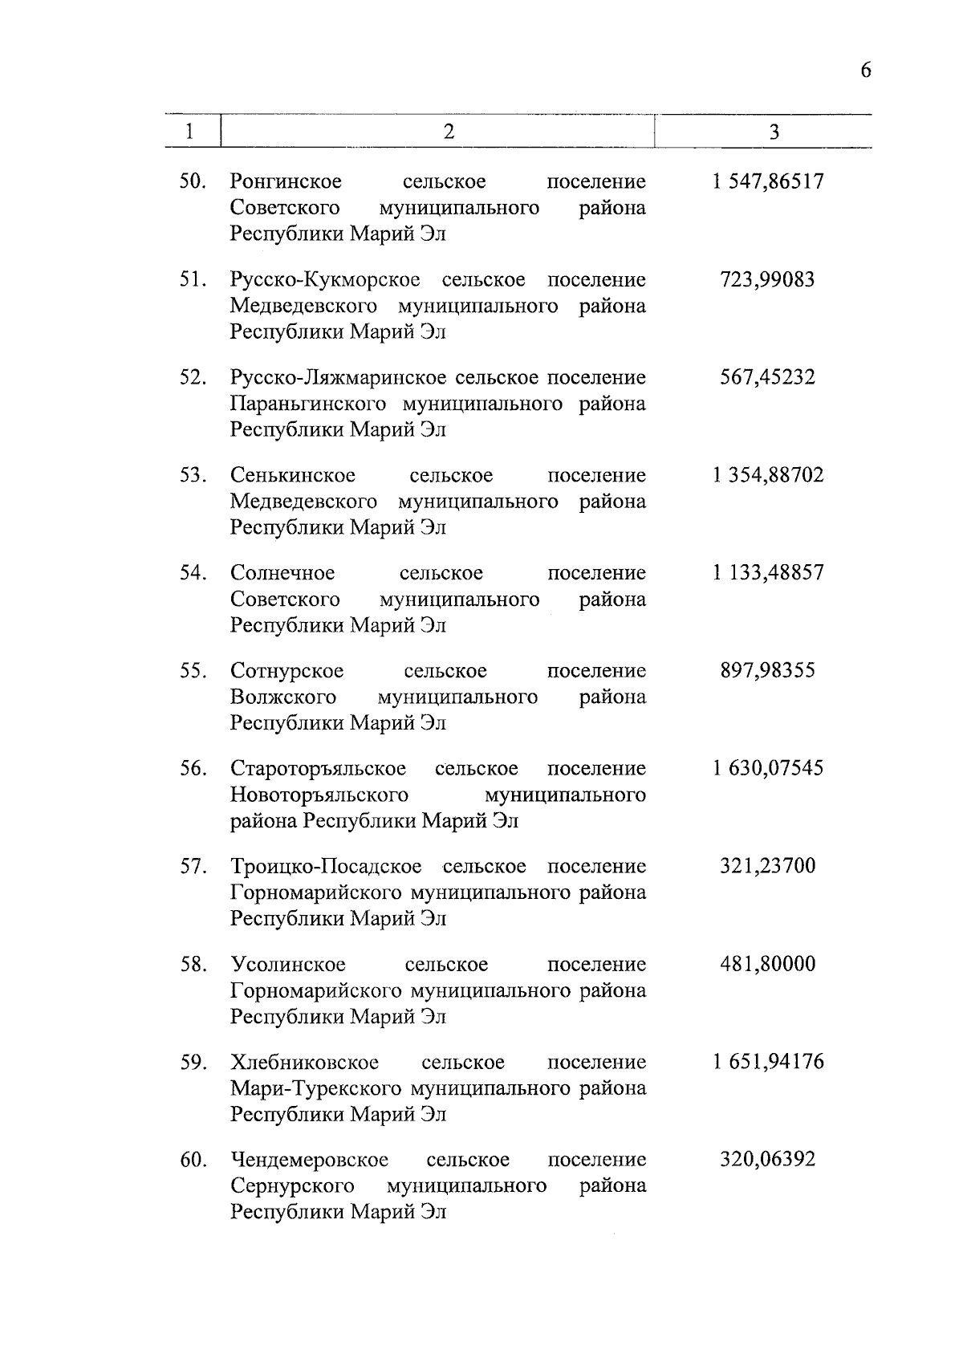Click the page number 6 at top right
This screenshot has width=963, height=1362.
click(x=865, y=70)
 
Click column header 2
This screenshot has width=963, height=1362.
click(x=449, y=132)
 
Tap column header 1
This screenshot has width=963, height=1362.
click(x=189, y=132)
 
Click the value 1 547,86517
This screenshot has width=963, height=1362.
click(x=767, y=181)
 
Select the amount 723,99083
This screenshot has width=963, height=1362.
click(x=767, y=279)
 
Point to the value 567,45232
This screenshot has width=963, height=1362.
click(x=767, y=377)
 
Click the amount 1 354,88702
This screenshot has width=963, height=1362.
click(x=767, y=475)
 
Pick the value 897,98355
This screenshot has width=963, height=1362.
click(x=767, y=670)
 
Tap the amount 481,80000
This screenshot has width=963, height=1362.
click(x=767, y=964)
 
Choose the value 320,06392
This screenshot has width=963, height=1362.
click(x=767, y=1160)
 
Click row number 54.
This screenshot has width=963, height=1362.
click(x=193, y=573)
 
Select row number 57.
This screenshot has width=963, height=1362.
click(x=193, y=867)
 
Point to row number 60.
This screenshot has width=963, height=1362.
click(x=193, y=1160)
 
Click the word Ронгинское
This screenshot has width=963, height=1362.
click(x=286, y=182)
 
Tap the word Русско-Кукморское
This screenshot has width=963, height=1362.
click(x=325, y=280)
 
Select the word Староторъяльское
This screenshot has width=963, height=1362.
click(x=318, y=769)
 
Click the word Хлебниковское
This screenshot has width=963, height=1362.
click(x=304, y=1063)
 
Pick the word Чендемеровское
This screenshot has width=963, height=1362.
click(x=309, y=1160)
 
